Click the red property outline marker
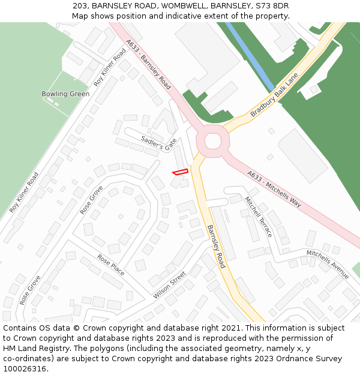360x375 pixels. pos(180,172)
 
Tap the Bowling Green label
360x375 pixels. pos(65,94)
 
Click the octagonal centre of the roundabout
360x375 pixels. pos(213,140)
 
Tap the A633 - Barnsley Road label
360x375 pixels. pos(148,64)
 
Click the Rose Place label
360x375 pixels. pos(111,265)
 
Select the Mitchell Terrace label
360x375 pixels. pos(258,216)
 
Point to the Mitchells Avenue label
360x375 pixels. pos(328,264)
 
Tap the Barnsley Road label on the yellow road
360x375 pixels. pos(215,246)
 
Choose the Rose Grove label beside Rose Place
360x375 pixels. pos(30,290)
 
